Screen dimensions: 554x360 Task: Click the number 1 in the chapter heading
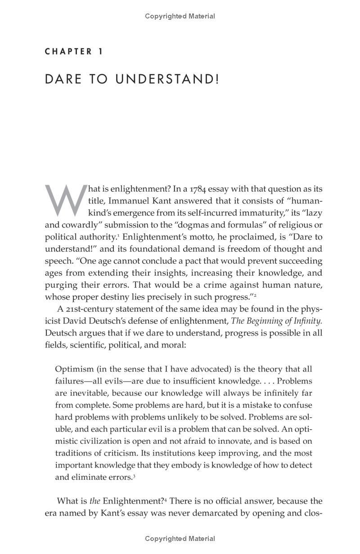pos(100,52)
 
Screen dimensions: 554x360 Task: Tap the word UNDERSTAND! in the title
pos(167,79)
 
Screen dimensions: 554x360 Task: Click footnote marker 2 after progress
pos(255,295)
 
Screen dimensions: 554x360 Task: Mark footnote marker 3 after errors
pos(134,476)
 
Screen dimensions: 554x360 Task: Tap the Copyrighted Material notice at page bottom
pos(180,539)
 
